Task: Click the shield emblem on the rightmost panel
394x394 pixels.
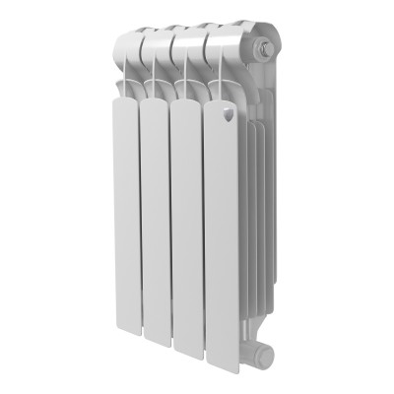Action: (229, 115)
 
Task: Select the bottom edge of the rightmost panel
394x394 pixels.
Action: (222, 358)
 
